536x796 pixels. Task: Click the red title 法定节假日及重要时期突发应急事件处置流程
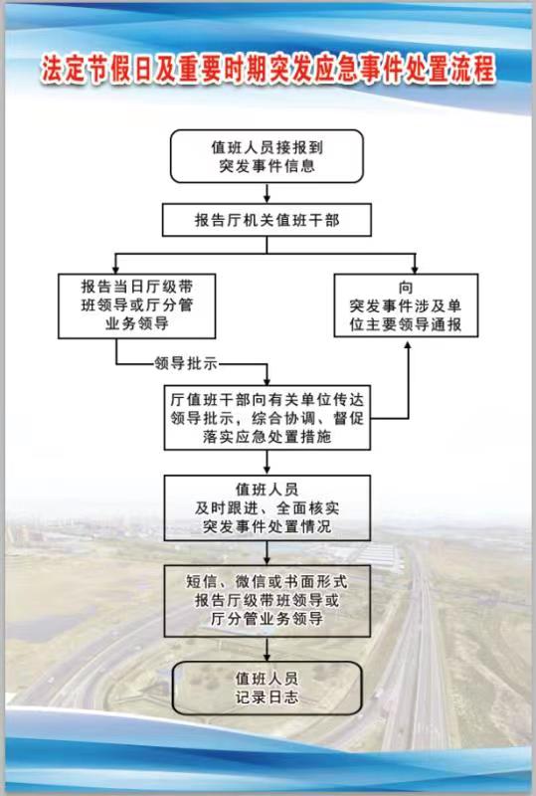268,69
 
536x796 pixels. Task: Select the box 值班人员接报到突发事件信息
267,156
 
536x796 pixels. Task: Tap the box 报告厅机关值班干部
267,220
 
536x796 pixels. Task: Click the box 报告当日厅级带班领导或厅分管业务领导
137,306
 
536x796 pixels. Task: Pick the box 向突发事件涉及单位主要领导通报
406,305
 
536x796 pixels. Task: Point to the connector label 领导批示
186,363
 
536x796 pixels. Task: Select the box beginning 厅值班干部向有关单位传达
268,417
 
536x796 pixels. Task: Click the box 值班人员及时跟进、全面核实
268,507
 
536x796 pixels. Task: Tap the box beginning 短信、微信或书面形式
268,601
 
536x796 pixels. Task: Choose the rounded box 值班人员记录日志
267,688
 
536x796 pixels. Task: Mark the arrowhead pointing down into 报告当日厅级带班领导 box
116,269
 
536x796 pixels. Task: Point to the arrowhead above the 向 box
415,269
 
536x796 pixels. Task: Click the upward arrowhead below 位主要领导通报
407,342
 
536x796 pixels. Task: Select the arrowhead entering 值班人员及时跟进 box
267,470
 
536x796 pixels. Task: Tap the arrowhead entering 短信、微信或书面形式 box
267,560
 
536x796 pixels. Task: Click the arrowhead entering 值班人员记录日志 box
267,656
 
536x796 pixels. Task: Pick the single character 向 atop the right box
406,288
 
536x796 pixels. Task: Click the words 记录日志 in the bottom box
267,697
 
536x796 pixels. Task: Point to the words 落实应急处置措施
267,437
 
